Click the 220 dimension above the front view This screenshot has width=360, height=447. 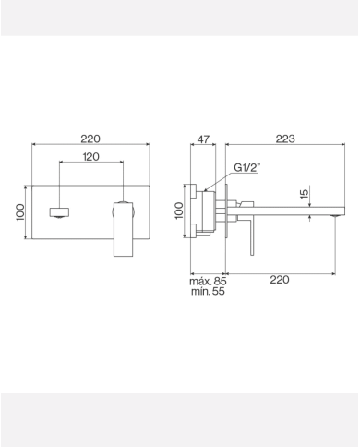coord(90,139)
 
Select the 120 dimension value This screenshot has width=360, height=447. coord(90,158)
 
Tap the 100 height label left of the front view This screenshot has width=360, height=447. coord(20,212)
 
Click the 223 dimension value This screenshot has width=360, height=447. coord(285,139)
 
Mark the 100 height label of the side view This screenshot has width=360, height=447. coord(180,211)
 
